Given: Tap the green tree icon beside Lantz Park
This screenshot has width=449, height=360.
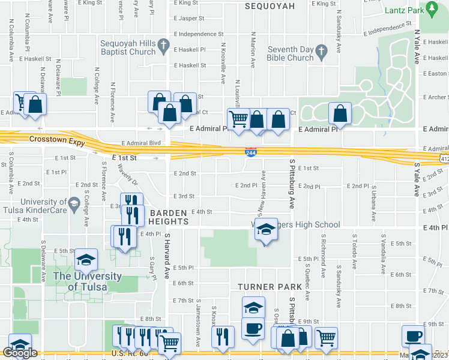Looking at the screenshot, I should pos(432,8).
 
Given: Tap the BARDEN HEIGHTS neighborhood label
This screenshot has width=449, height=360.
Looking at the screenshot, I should pos(169,217).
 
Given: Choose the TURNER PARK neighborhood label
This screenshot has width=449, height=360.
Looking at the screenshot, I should pos(264,287).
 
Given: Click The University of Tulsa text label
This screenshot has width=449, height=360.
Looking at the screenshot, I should pos(87,281).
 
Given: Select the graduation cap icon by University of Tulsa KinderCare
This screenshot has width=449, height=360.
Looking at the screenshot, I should pos(74,203).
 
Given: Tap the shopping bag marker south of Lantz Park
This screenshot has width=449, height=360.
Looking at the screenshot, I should pos(340,113).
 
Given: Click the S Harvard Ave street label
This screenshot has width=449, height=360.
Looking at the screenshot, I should pos(168,256).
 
